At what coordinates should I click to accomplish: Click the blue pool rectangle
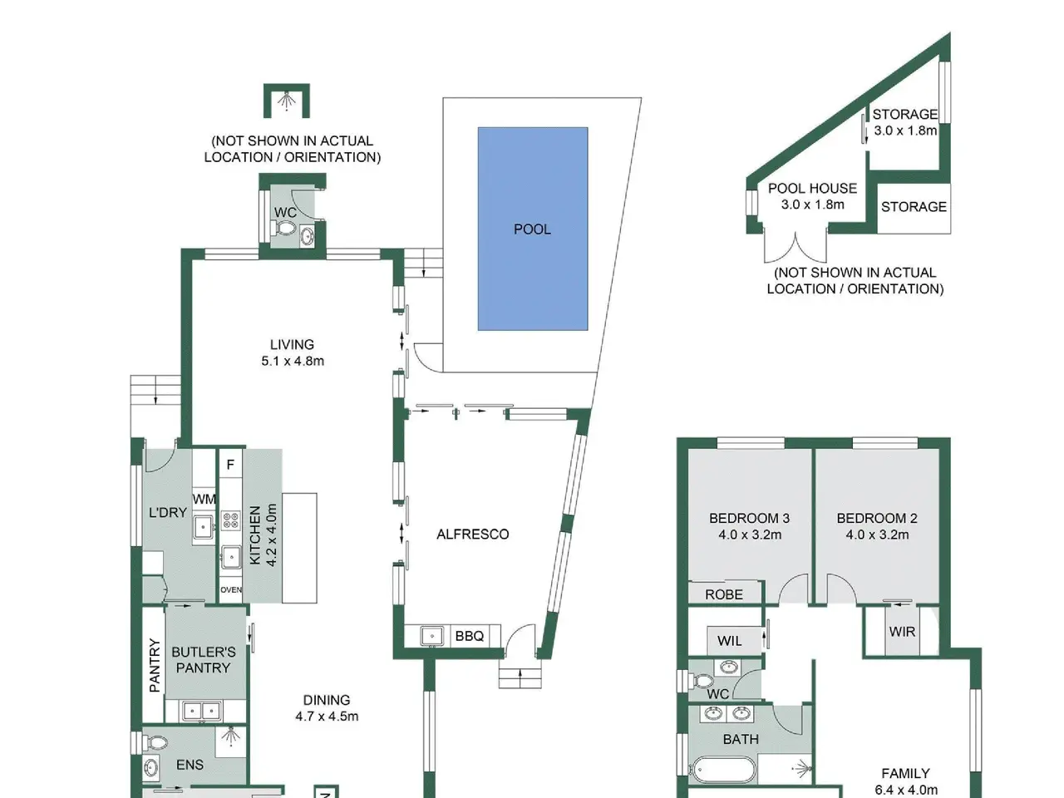tap(533, 229)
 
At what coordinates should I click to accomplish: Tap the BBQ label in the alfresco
tap(469, 636)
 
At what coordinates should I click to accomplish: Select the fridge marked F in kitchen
tap(230, 465)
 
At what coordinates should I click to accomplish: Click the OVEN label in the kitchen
tap(231, 590)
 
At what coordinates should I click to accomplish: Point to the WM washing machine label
tap(204, 499)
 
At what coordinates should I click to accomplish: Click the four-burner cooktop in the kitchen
tap(231, 521)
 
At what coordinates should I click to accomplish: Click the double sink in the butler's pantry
tap(202, 711)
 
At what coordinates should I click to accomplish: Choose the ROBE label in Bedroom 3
tap(724, 594)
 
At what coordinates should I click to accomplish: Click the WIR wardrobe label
tap(902, 631)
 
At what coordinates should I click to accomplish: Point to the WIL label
tap(730, 641)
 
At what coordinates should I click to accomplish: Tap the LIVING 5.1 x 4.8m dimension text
tap(293, 361)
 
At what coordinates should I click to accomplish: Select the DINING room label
tap(326, 700)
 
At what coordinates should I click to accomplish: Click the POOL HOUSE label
tap(812, 188)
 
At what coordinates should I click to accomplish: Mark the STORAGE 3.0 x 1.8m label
tap(905, 122)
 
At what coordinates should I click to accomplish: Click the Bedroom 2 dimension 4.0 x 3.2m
tap(877, 534)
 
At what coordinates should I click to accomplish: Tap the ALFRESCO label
tap(473, 534)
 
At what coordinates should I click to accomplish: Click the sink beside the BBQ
tap(431, 636)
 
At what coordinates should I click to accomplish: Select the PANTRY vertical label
tap(154, 665)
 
